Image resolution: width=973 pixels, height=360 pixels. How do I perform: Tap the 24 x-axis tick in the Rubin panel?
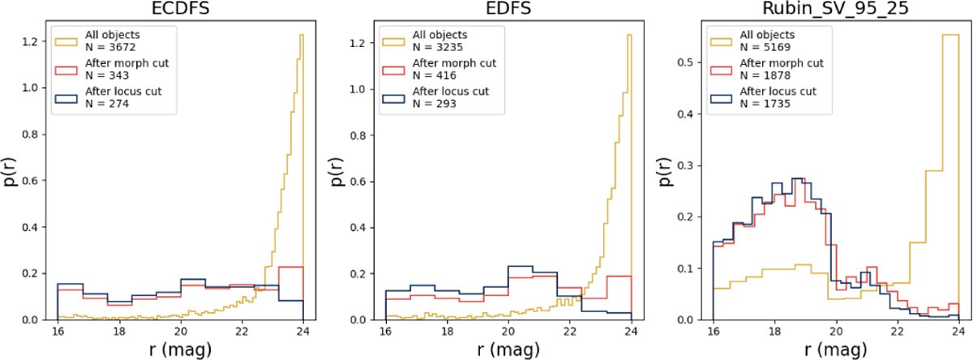coord(958,332)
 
